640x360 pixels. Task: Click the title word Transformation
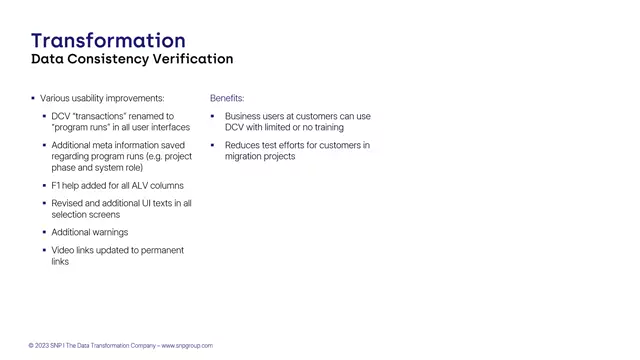tap(108, 41)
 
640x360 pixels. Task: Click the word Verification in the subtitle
tap(192, 60)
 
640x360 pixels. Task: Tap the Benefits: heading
tap(227, 99)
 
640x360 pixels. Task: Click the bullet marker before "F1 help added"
tap(44, 186)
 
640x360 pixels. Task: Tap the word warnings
tap(109, 232)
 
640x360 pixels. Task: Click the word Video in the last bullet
tap(63, 250)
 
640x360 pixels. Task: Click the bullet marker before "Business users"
tap(214, 116)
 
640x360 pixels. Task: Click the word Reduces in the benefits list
tap(242, 145)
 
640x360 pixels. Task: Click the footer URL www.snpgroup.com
tap(187, 346)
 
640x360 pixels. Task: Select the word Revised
tap(68, 203)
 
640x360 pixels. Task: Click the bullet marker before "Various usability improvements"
tap(33, 99)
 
